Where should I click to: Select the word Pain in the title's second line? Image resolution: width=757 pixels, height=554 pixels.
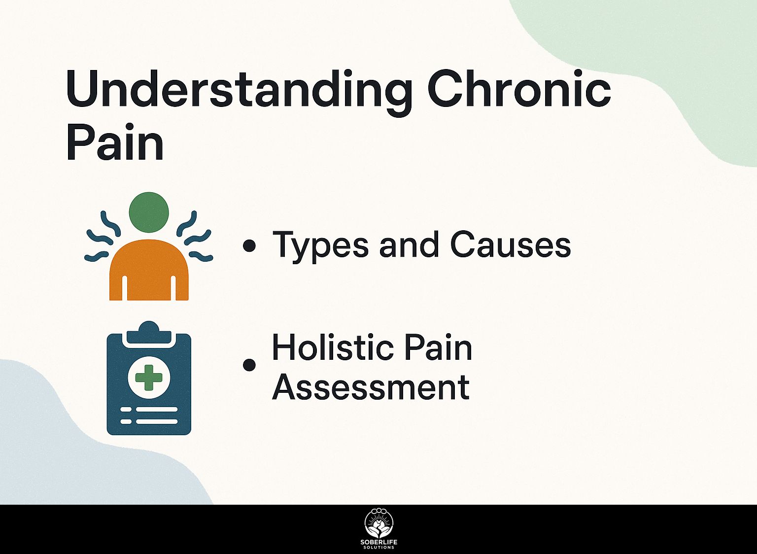click(115, 141)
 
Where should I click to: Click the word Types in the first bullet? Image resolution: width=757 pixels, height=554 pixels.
click(320, 247)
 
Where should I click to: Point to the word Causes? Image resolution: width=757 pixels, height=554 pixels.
click(511, 244)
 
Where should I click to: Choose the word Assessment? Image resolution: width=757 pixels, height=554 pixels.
click(371, 386)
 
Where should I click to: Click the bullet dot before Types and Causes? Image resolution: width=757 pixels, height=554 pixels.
click(249, 246)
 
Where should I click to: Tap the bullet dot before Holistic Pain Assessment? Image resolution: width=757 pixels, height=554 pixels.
click(249, 364)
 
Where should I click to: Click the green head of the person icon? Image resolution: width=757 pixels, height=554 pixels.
click(149, 212)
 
